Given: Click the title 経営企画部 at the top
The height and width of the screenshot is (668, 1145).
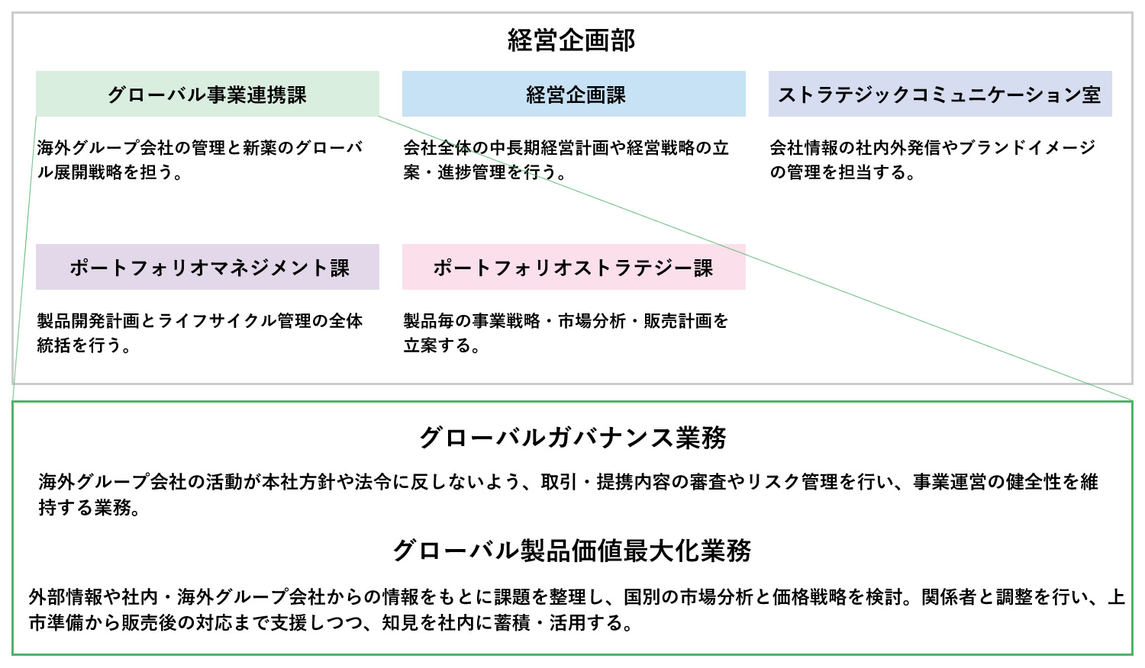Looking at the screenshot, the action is click(x=572, y=40).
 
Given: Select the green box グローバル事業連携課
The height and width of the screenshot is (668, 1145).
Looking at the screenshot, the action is click(x=208, y=94).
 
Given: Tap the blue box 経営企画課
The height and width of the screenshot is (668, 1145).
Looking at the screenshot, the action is click(x=573, y=94).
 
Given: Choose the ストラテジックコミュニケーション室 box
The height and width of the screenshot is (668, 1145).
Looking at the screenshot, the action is click(x=940, y=94).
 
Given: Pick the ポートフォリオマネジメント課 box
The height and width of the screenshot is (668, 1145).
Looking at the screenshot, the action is click(x=208, y=267).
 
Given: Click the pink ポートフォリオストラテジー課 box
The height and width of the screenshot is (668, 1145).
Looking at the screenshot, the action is click(x=573, y=267).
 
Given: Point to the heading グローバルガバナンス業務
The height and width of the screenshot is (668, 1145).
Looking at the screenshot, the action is click(x=572, y=438).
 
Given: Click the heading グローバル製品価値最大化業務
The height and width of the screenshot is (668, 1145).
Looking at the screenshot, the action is click(x=572, y=551).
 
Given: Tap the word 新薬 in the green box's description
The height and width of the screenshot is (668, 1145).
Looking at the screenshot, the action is click(x=260, y=148).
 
